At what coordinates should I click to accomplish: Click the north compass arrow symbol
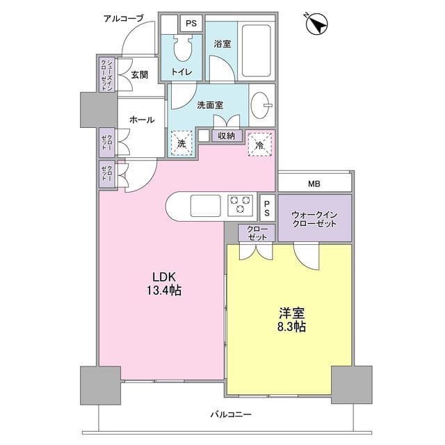317,26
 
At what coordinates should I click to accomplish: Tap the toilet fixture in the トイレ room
184,51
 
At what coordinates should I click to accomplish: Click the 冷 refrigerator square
259,145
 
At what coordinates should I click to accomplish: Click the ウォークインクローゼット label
314,219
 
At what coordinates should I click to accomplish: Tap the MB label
315,184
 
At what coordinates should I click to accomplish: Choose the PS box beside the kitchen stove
268,205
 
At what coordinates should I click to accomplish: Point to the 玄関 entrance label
139,75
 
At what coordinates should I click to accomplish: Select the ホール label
141,120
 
